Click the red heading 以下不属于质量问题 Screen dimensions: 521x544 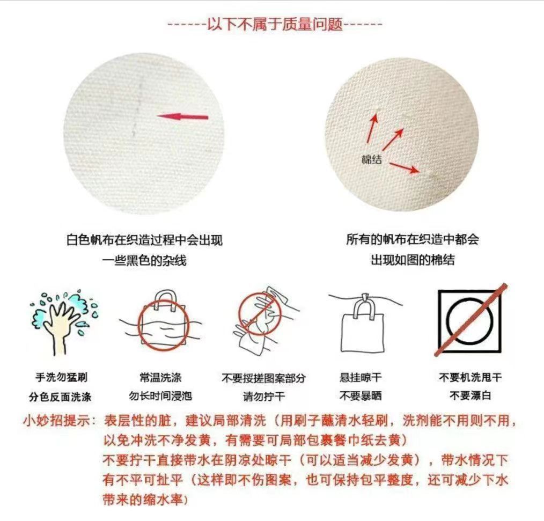[275, 25]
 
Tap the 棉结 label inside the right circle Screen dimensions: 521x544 [371, 159]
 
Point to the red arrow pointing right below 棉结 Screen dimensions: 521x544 [404, 168]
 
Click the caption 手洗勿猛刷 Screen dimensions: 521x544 [59, 378]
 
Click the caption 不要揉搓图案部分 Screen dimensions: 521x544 [263, 378]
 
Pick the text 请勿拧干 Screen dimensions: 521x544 [263, 397]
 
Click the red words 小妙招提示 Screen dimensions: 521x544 [57, 420]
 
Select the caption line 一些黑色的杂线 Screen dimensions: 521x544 [144, 260]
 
